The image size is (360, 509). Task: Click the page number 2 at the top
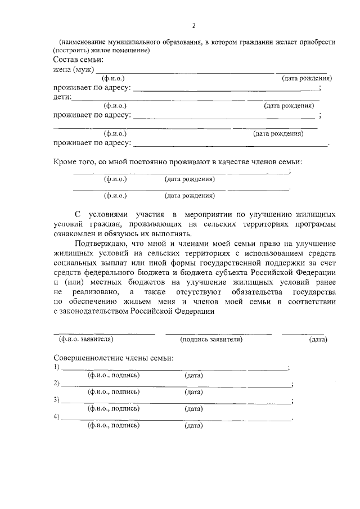193,26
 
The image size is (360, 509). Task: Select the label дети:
62,97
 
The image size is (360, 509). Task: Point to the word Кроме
66,162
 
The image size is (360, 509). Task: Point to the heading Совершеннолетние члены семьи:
114,358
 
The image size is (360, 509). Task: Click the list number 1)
57,367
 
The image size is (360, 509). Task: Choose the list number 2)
57,384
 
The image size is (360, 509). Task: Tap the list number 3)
57,400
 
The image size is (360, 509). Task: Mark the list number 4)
57,417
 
